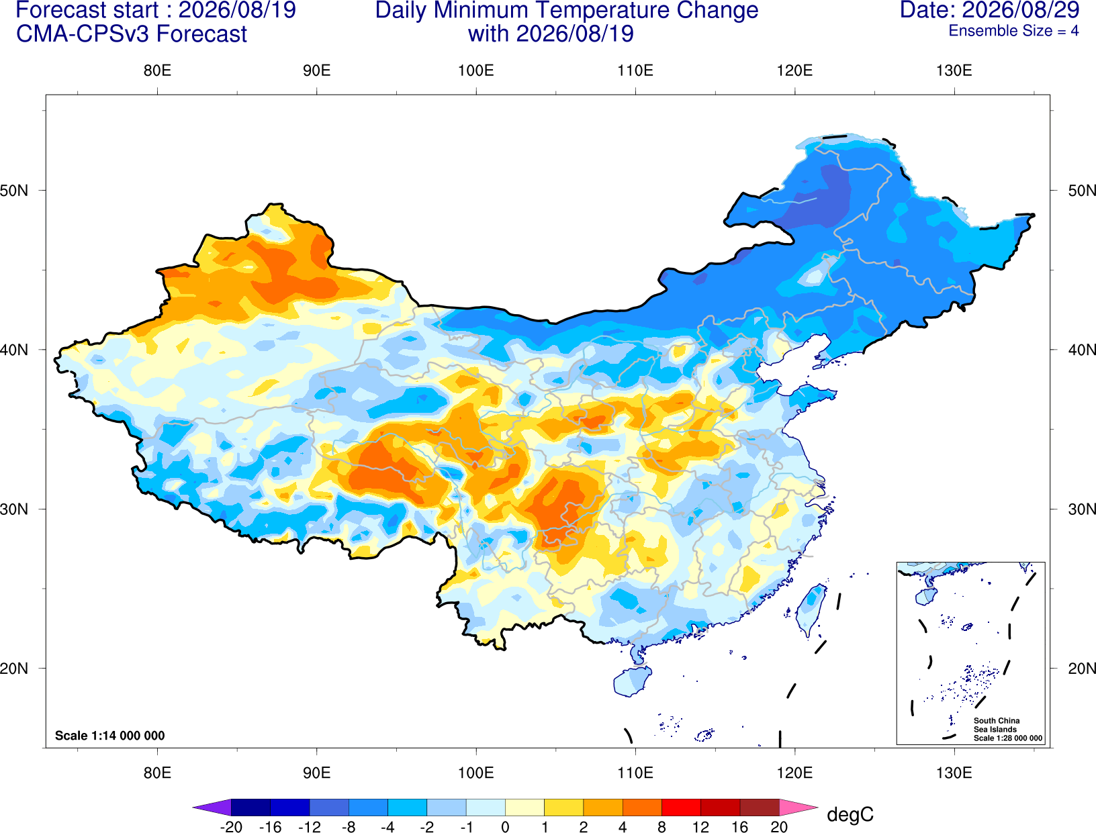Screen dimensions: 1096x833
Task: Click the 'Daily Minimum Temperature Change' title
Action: point(567,10)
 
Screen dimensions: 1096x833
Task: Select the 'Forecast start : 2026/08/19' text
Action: point(156,10)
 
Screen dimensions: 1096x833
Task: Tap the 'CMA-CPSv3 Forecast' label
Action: point(132,34)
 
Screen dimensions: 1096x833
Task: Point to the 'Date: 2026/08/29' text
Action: point(989,10)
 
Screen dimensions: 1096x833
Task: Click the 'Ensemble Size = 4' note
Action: point(1013,31)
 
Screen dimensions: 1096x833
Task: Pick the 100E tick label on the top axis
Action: point(476,70)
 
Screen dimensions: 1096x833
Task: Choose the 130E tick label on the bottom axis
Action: point(954,773)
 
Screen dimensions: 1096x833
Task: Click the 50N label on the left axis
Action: point(14,190)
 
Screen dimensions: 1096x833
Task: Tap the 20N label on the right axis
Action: point(1081,669)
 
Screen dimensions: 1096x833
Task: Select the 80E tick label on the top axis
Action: point(157,70)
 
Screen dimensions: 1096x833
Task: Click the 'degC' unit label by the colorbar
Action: point(850,814)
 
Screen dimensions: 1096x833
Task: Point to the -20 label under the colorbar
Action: point(231,827)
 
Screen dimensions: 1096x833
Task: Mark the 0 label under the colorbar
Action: point(505,827)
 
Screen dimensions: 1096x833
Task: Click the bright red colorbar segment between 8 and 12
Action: point(681,807)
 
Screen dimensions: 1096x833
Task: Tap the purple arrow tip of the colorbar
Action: point(212,807)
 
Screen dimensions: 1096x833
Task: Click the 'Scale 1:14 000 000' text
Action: point(110,736)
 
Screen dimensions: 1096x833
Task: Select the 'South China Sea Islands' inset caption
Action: point(997,725)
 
